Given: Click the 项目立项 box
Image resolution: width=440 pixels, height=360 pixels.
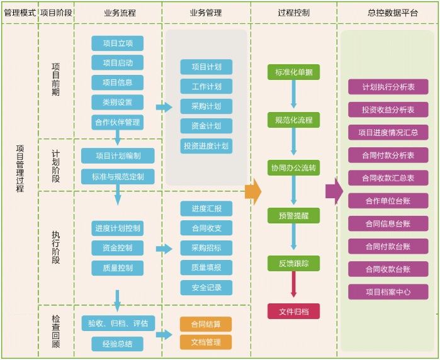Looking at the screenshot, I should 117,43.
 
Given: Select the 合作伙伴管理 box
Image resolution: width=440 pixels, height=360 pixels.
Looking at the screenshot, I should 117,122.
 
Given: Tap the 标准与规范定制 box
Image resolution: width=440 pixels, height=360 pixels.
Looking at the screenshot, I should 118,177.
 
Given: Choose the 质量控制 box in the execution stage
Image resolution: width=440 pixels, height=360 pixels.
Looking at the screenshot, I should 117,268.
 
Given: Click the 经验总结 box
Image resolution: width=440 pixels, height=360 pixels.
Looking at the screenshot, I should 117,344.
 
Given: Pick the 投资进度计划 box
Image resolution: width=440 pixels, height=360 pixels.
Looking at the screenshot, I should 206,146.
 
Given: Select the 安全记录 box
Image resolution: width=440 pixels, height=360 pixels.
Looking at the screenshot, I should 206,288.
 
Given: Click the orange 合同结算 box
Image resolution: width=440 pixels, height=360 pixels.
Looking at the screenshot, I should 206,324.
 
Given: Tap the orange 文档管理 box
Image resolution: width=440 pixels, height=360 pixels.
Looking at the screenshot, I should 206,342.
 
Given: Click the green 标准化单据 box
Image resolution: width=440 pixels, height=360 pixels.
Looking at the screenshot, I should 293,72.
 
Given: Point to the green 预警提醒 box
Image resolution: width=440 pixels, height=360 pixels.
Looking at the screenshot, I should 293,216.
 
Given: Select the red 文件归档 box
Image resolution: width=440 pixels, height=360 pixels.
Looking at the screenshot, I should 293,312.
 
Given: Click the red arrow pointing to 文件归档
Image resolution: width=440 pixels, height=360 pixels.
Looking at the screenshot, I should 293,284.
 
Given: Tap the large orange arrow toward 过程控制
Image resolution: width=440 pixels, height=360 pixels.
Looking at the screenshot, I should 252,191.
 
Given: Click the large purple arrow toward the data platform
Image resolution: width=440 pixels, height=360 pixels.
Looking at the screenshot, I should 334,191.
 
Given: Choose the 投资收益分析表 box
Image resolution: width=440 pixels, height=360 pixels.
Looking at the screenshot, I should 388,110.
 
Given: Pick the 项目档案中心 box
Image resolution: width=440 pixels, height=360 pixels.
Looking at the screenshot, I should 388,292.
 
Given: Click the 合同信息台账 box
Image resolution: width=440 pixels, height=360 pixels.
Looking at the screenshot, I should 388,223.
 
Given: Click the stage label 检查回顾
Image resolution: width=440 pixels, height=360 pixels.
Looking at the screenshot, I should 56,332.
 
